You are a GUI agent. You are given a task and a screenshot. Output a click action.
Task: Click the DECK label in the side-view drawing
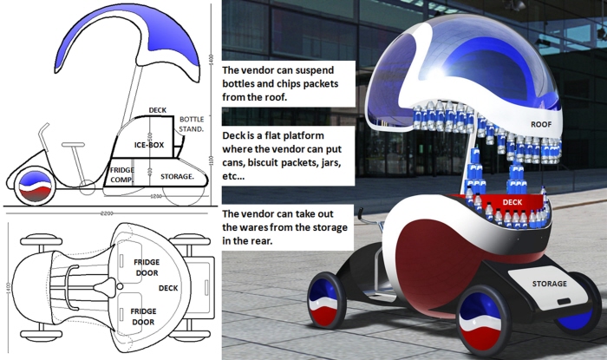click(x=157, y=110)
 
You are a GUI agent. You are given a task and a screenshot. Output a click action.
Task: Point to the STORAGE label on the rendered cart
click(x=549, y=284)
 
